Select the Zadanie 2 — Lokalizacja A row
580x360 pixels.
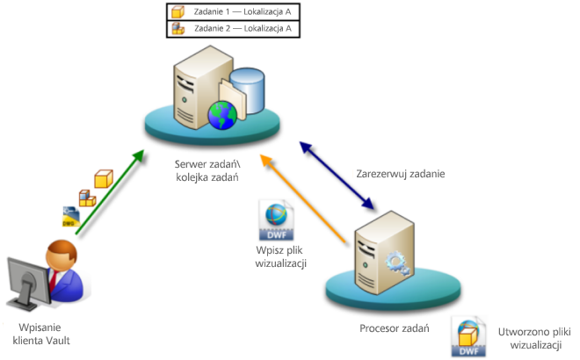(233, 29)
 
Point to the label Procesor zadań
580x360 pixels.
(395, 328)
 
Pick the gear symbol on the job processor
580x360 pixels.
(395, 263)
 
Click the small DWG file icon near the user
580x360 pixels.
(71, 215)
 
